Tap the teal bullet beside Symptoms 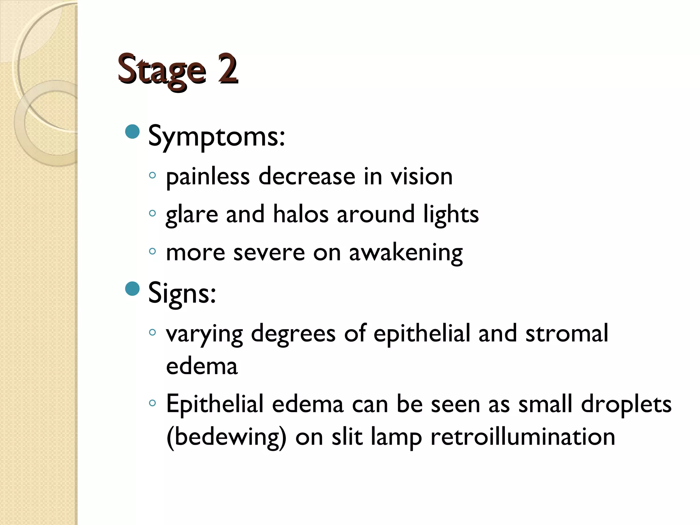tap(133, 132)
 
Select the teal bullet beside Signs tap(133, 289)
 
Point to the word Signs tap(182, 293)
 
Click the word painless tap(207, 177)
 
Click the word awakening tap(406, 253)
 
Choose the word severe tap(269, 253)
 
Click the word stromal tap(567, 333)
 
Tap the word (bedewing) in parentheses tap(226, 437)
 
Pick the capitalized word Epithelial tap(215, 404)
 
